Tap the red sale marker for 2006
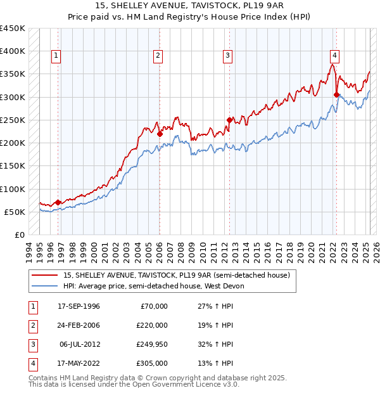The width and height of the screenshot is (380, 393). click(x=160, y=134)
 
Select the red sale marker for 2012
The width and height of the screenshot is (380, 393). click(x=229, y=120)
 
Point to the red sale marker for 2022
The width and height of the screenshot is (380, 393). click(x=336, y=94)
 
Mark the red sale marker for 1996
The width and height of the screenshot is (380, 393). click(x=58, y=202)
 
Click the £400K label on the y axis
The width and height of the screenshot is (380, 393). click(x=13, y=51)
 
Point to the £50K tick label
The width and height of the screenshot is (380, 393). click(x=15, y=212)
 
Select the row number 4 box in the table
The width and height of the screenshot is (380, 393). click(x=31, y=363)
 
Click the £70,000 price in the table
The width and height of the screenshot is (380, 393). click(x=154, y=306)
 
